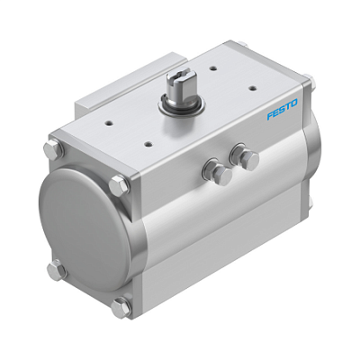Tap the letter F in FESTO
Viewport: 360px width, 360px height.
coord(271,121)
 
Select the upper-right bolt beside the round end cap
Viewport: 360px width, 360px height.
coord(118,186)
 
